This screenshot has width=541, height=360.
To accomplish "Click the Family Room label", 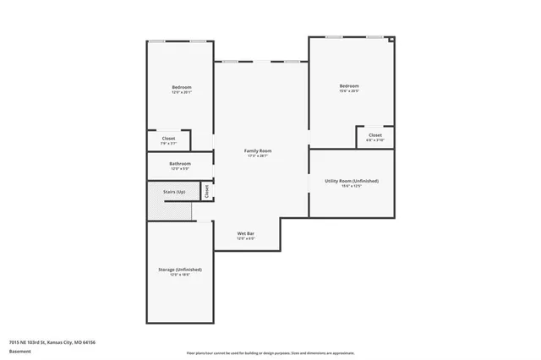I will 260,150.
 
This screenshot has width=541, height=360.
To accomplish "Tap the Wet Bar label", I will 245,232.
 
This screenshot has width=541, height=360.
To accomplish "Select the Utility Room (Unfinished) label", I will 352,181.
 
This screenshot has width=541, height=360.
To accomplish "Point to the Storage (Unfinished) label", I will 179,269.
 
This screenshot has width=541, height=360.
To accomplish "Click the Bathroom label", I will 179,163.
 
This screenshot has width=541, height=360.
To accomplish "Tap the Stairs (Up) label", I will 174,192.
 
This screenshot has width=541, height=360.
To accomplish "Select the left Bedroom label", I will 182,87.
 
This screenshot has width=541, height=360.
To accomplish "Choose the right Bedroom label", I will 349,86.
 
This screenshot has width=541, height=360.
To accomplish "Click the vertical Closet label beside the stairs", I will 206,192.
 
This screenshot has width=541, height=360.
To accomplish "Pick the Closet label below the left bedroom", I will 168,138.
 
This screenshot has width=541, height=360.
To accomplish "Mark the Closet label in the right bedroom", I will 374,134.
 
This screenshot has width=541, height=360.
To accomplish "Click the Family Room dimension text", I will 260,156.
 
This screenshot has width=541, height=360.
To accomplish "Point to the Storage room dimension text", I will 179,275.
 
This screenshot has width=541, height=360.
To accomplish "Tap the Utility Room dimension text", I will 352,187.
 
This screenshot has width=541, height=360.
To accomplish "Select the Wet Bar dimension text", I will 245,238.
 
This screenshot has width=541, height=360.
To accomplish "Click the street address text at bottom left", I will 52,342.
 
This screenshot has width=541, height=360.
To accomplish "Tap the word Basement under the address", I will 19,351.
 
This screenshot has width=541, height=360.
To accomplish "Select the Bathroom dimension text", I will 179,169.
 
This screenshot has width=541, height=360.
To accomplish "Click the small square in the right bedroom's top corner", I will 391,39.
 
